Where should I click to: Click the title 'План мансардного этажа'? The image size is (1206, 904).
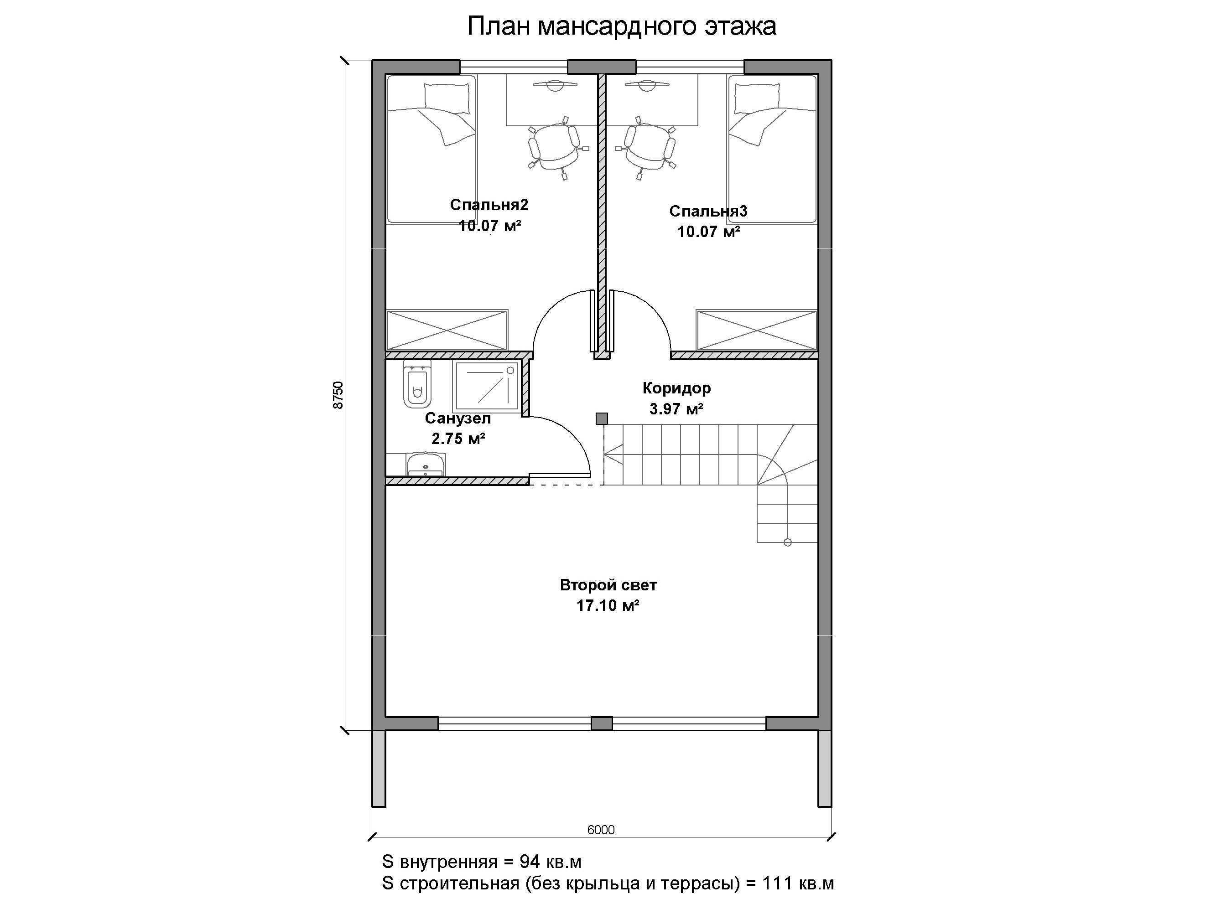[622, 26]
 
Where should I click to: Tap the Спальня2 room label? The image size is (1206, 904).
[489, 205]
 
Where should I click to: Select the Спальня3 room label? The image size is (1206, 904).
[708, 212]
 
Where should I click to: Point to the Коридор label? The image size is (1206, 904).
[676, 388]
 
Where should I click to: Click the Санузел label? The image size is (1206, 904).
[458, 418]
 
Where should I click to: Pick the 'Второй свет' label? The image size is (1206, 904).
[608, 585]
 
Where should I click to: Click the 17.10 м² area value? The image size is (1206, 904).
[608, 605]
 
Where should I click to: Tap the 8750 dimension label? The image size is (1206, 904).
[338, 395]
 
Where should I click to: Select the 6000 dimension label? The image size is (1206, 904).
[601, 829]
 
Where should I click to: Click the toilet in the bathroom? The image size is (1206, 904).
[417, 384]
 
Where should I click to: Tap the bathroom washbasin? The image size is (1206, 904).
[425, 464]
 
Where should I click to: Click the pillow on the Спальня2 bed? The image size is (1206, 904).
[447, 98]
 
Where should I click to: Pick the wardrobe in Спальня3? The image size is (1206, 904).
[757, 330]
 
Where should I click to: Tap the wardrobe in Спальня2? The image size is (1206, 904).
[447, 330]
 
